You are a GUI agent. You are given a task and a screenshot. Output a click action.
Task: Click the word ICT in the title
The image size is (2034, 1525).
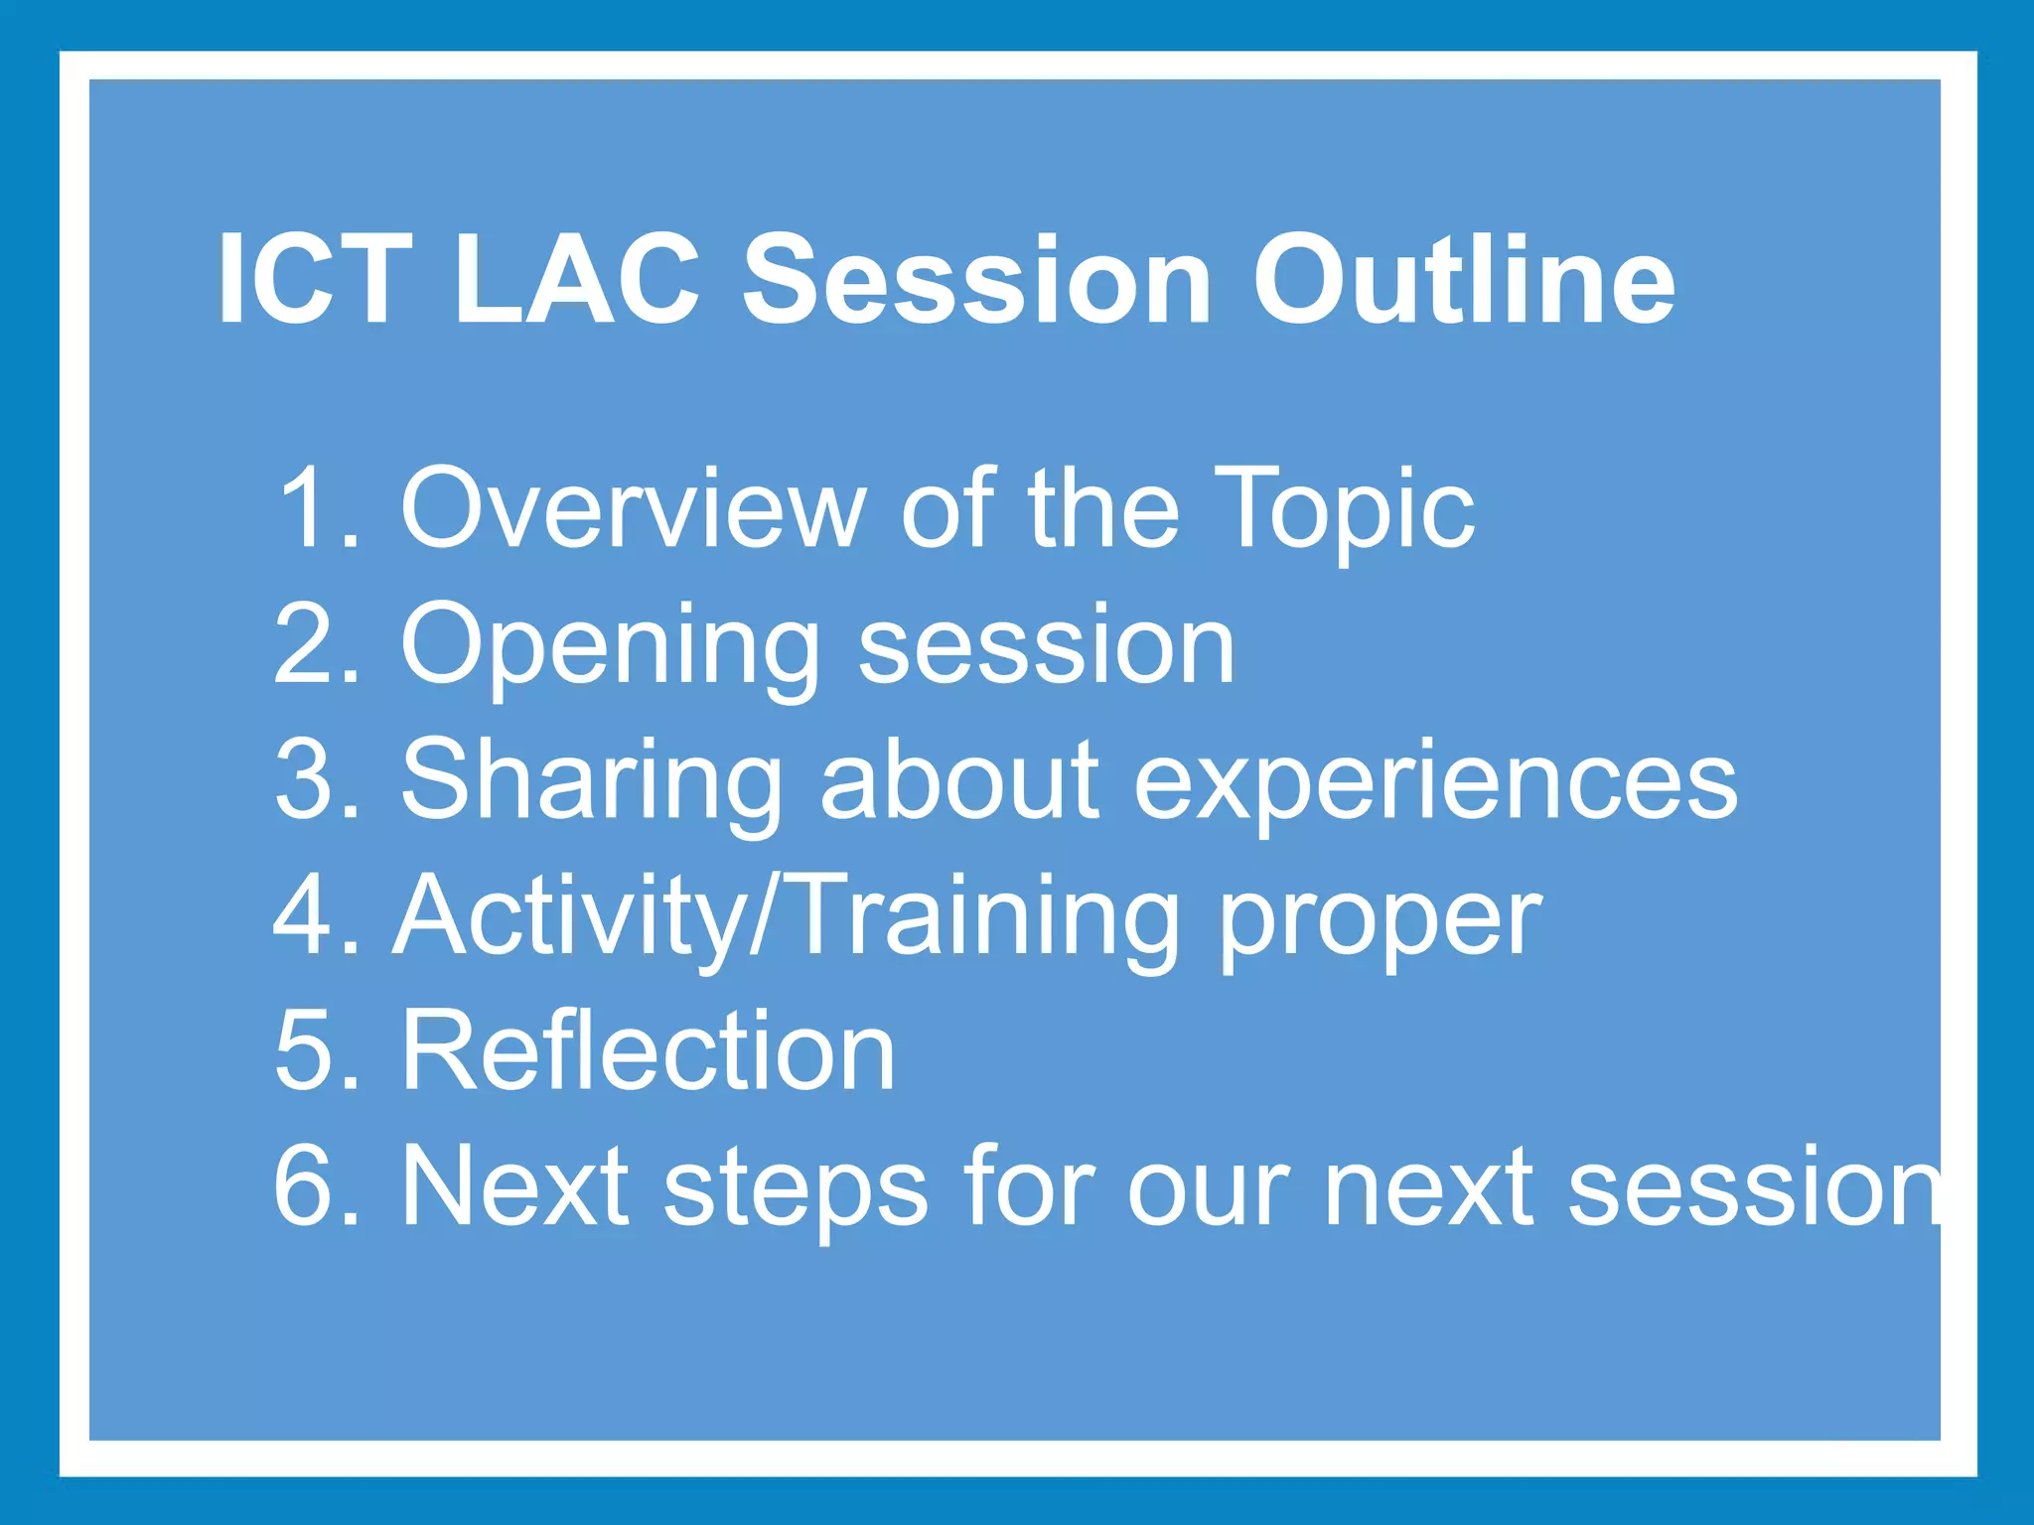point(314,279)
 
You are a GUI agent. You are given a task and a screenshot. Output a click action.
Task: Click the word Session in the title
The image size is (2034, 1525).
point(977,279)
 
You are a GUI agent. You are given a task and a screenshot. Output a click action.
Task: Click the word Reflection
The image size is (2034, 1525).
point(648,1050)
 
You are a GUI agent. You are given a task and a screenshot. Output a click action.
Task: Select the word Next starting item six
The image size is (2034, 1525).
point(515,1185)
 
